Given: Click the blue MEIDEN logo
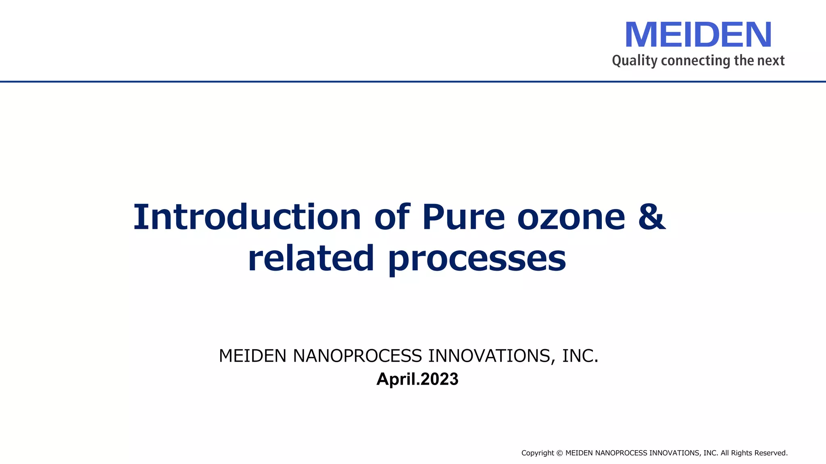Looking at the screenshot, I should (698, 35).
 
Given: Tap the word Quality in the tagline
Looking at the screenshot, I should (634, 61).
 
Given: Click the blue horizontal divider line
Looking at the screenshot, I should (413, 81).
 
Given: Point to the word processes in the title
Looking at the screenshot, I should (477, 259).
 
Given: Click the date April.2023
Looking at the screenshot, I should (417, 379).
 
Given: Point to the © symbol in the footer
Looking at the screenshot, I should (559, 453).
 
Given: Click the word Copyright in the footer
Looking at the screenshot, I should (538, 453).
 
